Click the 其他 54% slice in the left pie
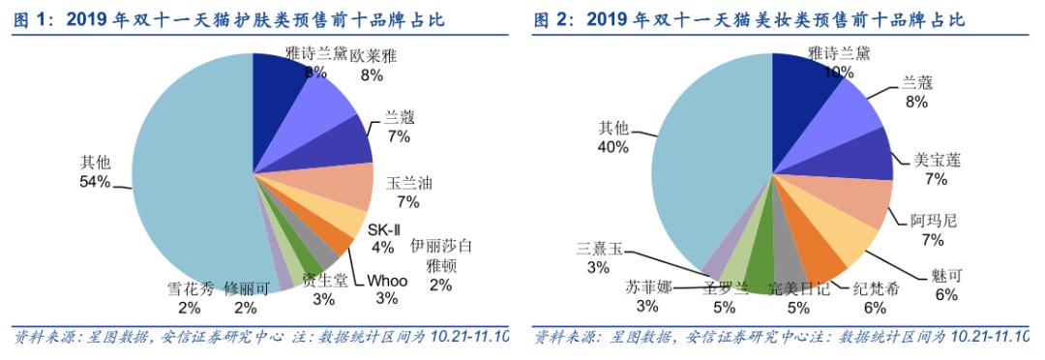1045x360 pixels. click(x=184, y=174)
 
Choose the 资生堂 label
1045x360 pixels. click(x=323, y=281)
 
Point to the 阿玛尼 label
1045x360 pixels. click(x=934, y=220)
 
